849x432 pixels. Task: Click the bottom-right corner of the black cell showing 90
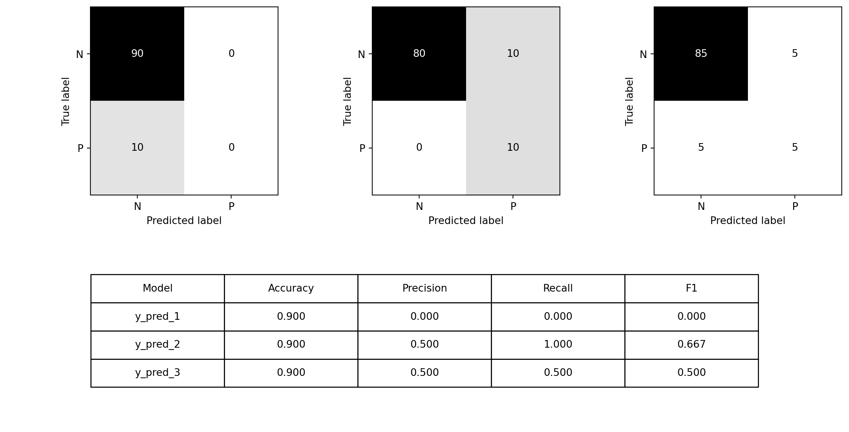point(184,101)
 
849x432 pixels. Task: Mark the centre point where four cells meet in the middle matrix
point(466,101)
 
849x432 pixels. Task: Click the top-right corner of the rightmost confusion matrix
point(841,7)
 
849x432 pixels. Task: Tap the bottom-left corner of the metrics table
point(91,387)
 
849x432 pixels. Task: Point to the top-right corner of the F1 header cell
point(758,274)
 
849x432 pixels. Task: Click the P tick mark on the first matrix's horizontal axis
point(231,197)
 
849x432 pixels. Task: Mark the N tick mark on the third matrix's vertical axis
point(652,54)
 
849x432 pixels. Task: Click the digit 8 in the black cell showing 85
point(698,54)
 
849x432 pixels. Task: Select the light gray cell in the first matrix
point(137,148)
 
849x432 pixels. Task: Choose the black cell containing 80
point(419,54)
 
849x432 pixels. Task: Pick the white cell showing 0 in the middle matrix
point(419,148)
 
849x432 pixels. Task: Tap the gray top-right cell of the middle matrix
point(513,54)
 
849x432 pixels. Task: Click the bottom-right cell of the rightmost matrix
point(795,148)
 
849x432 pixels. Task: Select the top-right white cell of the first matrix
point(231,54)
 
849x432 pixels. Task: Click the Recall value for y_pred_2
point(558,345)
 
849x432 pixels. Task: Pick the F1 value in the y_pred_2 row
point(691,345)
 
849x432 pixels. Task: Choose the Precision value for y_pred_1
point(424,317)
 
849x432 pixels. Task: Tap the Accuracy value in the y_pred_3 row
point(291,373)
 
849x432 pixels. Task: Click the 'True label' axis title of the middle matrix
point(347,101)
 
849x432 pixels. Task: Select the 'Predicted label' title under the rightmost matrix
point(748,221)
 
